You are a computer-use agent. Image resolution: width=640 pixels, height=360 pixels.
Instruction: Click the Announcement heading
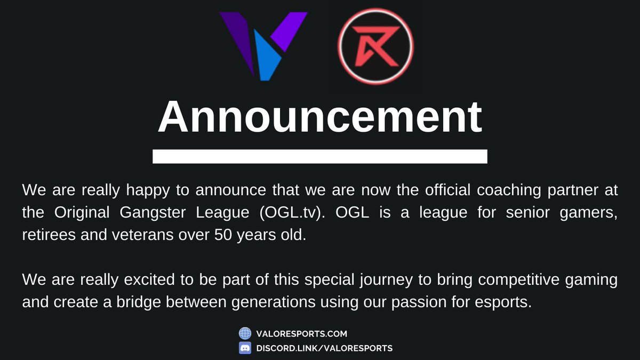[x=320, y=116]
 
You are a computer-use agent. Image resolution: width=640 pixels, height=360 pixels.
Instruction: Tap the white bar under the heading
[x=320, y=156]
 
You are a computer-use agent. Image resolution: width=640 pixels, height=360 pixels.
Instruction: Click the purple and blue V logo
[x=263, y=45]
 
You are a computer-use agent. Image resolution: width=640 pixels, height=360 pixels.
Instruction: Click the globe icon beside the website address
[x=245, y=334]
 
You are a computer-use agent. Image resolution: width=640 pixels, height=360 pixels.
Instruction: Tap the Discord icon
[x=245, y=348]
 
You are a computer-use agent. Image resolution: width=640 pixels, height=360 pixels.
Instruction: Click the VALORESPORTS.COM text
[x=301, y=334]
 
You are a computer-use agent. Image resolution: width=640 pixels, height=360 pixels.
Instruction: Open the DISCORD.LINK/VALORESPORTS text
[x=324, y=348]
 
